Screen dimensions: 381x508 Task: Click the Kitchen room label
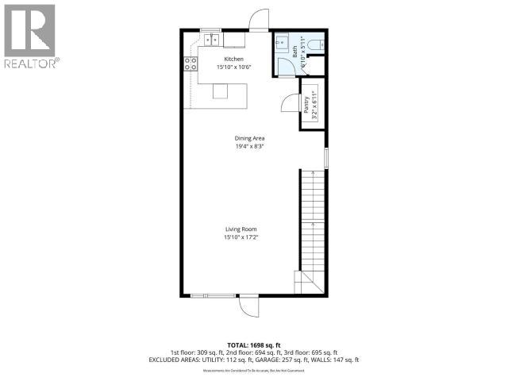(233, 59)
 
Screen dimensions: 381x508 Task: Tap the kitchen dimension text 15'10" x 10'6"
(233, 67)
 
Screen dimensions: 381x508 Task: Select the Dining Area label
(248, 137)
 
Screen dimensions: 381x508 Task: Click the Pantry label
(306, 105)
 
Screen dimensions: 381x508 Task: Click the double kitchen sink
(212, 39)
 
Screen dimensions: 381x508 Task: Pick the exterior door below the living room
(248, 305)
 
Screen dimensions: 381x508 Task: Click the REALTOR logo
(29, 36)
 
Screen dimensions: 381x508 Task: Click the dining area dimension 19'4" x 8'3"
(248, 145)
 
